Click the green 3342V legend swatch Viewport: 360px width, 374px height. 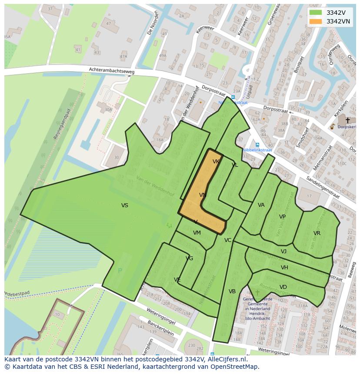(316, 13)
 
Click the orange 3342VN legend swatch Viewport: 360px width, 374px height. (316, 21)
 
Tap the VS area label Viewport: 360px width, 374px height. (125, 205)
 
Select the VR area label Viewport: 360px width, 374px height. (317, 233)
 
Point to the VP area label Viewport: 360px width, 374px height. (282, 217)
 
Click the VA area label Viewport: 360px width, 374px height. (261, 205)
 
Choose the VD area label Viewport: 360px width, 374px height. (283, 287)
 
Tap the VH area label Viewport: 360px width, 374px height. (284, 268)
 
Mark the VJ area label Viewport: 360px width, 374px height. (283, 252)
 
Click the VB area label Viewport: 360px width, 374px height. (232, 291)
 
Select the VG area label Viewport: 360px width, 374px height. (189, 258)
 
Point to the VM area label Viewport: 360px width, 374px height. (197, 233)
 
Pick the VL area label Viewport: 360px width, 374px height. (235, 165)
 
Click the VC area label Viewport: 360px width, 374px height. (228, 240)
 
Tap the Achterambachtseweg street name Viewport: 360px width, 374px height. (112, 70)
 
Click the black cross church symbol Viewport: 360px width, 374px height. (347, 120)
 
